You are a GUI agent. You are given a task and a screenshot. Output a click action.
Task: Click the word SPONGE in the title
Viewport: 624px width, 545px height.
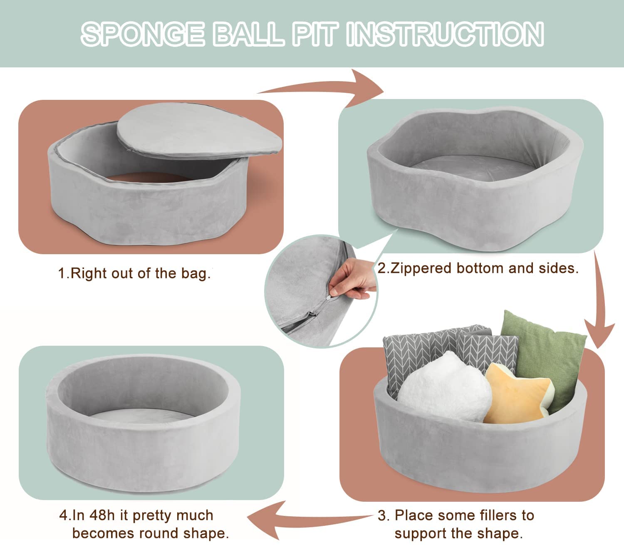click(x=143, y=34)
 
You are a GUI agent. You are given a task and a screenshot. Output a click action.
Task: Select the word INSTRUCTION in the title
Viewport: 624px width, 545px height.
click(x=446, y=34)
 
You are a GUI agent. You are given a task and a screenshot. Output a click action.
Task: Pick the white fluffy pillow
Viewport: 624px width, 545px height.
click(x=444, y=387)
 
